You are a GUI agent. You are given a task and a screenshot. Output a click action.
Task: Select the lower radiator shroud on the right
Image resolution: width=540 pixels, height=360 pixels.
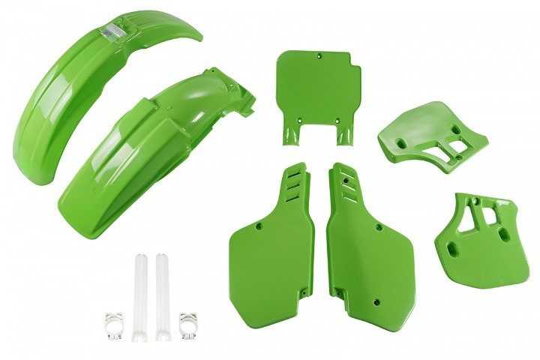pos(480,232)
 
